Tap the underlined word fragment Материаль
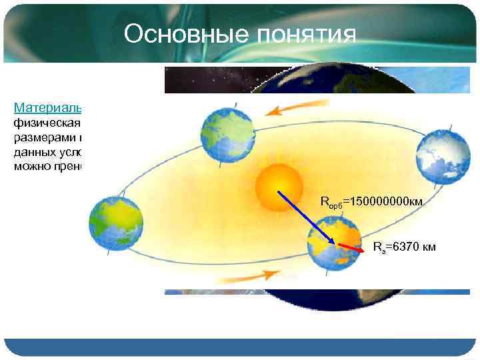[47, 107]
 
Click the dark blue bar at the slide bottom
[240, 348]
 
